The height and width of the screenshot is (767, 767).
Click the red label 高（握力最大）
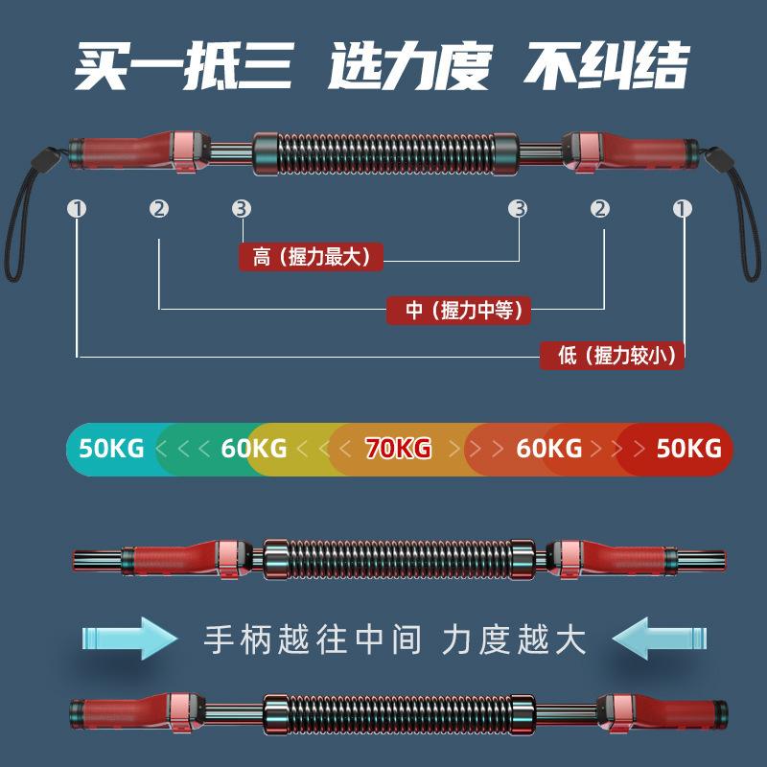pyautogui.click(x=311, y=257)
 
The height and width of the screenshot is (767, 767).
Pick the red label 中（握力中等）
pyautogui.click(x=459, y=310)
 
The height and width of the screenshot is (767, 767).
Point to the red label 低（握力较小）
pyautogui.click(x=614, y=356)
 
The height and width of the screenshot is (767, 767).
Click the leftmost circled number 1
pyautogui.click(x=78, y=208)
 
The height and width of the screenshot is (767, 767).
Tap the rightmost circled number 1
pyautogui.click(x=683, y=208)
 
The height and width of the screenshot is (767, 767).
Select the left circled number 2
pyautogui.click(x=159, y=208)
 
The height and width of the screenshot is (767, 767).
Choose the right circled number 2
pyautogui.click(x=601, y=208)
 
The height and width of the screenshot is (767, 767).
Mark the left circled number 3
pyautogui.click(x=242, y=208)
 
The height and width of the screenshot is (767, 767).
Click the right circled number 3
pyautogui.click(x=519, y=208)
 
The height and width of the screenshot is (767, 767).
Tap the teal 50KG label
pyautogui.click(x=111, y=448)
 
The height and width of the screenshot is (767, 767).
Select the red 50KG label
pyautogui.click(x=688, y=448)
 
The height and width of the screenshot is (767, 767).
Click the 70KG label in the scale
pyautogui.click(x=399, y=448)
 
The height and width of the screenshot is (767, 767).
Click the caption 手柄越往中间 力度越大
pyautogui.click(x=395, y=639)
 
